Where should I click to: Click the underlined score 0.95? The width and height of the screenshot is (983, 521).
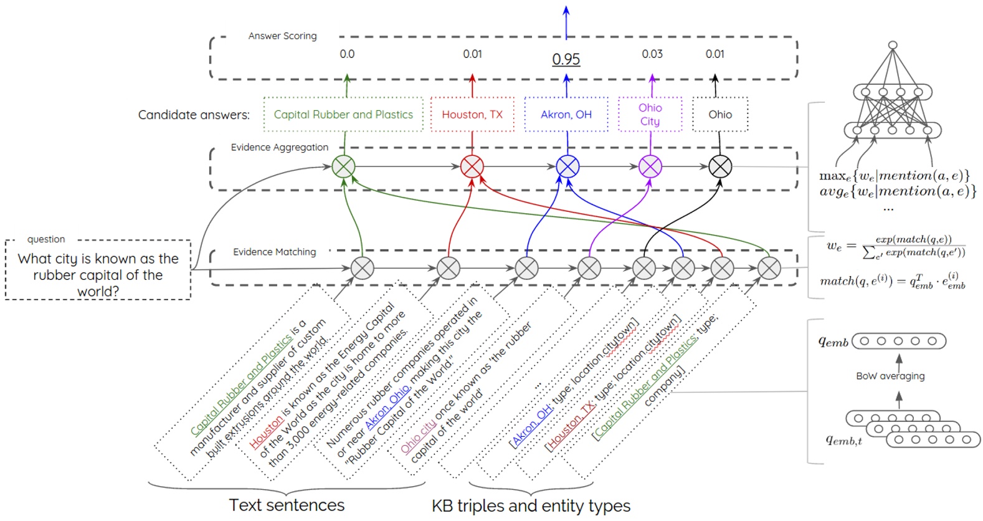[566, 59]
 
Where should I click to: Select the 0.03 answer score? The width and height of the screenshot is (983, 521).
[652, 54]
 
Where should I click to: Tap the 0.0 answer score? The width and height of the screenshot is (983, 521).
[347, 54]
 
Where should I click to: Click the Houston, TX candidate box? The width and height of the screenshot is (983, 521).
[472, 115]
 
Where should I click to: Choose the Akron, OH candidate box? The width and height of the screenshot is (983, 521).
[566, 115]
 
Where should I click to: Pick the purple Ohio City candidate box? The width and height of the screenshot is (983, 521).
[650, 115]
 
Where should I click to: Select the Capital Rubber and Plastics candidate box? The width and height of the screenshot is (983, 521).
[343, 115]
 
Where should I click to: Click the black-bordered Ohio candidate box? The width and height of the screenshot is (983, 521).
[720, 115]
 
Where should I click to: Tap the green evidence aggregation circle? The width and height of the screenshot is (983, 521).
[343, 166]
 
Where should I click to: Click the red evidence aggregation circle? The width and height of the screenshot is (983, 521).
[472, 166]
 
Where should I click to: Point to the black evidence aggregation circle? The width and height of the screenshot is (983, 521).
[720, 166]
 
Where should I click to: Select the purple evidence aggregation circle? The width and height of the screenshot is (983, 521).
[650, 166]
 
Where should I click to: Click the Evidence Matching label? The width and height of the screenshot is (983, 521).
[275, 252]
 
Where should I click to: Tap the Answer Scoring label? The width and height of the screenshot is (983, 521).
[282, 36]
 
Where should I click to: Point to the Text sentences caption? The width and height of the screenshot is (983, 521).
[287, 505]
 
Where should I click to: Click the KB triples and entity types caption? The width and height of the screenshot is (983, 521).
[531, 505]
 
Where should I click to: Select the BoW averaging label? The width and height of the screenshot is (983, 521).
[890, 376]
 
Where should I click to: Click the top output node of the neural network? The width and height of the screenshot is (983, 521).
[893, 45]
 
